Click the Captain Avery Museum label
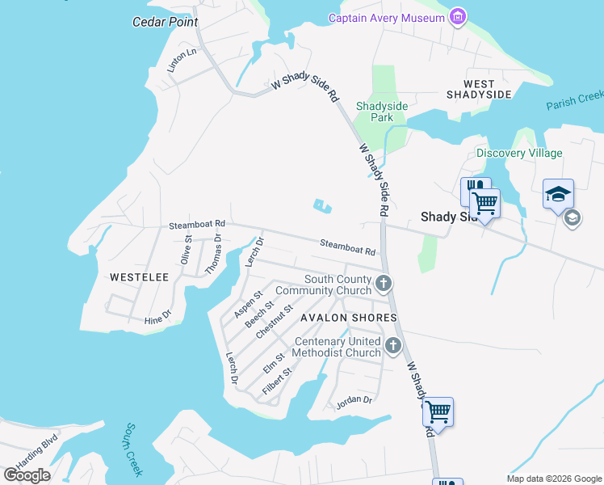(x=386, y=18)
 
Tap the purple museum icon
(x=458, y=16)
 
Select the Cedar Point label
(x=165, y=22)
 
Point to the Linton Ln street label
(x=182, y=61)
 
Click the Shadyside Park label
(x=382, y=112)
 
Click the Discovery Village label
(x=519, y=153)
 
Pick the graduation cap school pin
(x=558, y=194)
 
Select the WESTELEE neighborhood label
(x=139, y=277)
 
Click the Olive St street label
(x=187, y=250)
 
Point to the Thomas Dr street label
(x=212, y=254)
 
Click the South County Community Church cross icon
(x=384, y=283)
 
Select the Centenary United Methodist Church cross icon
(x=393, y=346)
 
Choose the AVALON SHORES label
(x=348, y=318)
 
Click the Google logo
(x=27, y=474)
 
